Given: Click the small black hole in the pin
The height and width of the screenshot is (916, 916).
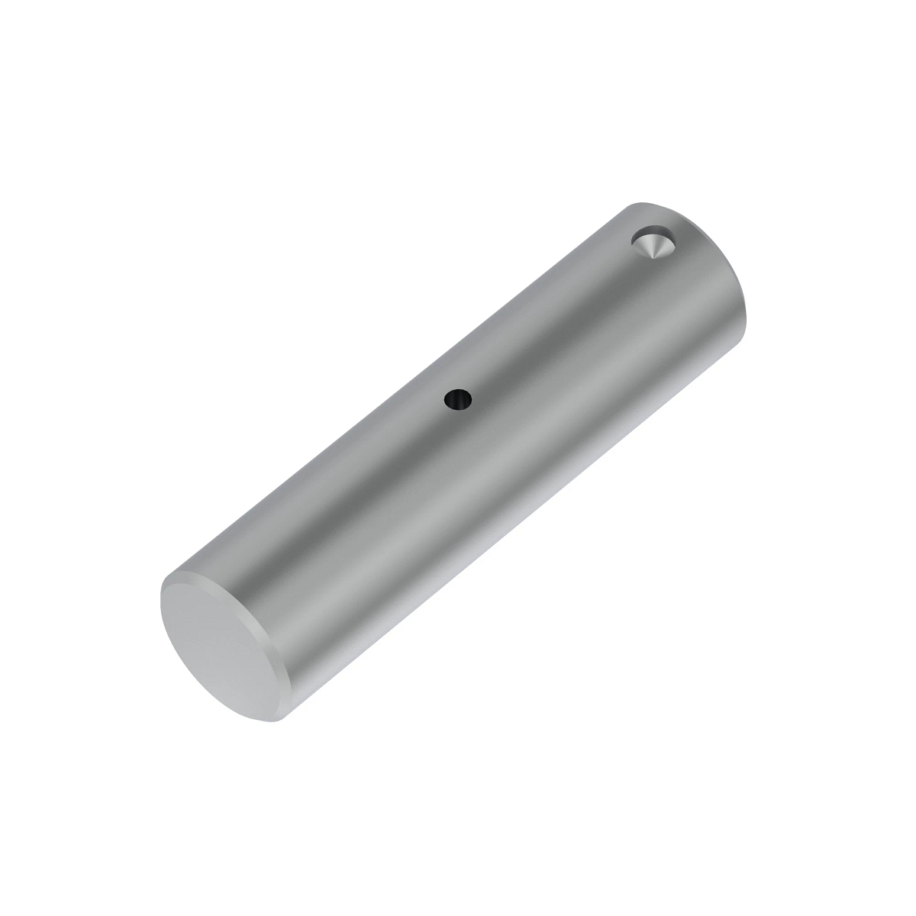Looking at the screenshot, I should tap(458, 398).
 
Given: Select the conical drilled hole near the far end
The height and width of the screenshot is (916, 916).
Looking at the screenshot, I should tap(653, 244).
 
